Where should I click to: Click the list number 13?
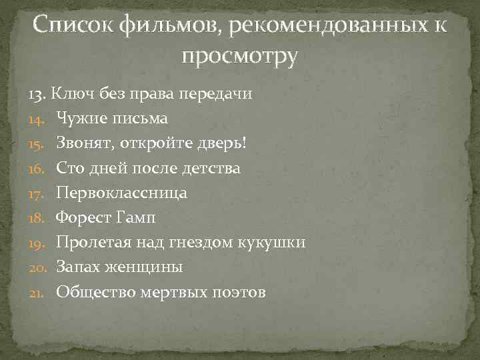click(37, 94)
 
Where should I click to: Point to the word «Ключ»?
click(70, 94)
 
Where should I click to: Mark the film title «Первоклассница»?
click(122, 193)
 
